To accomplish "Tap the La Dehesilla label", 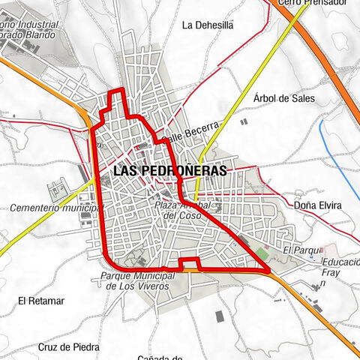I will click(x=208, y=25).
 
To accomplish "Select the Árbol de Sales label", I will click(x=284, y=98).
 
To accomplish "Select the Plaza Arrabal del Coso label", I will click(x=184, y=210).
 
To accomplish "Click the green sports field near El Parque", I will click(x=260, y=252).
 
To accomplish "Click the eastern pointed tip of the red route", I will click(x=268, y=268).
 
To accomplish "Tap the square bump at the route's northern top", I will click(x=116, y=93).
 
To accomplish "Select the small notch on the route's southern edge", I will click(x=190, y=261).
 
